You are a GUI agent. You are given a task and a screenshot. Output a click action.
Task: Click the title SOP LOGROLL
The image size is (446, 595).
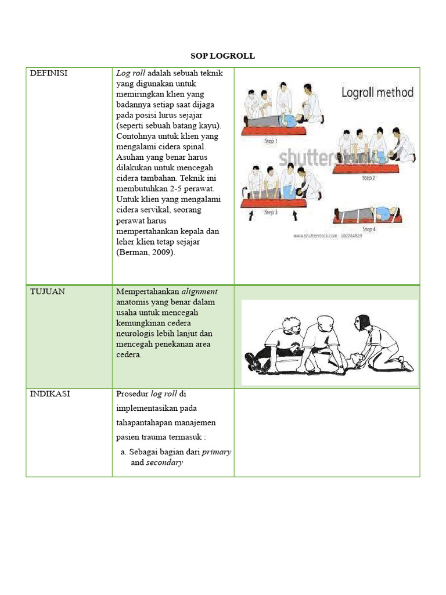pos(223,56)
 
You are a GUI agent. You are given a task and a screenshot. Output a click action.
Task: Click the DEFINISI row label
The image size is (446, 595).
pos(49,73)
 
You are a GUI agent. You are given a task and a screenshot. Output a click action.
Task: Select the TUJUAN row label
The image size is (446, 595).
pos(48,292)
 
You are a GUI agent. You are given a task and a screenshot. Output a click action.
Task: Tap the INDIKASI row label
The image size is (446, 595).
pos(50,393)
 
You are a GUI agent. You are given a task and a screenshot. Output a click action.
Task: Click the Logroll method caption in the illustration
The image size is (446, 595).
pos(377,92)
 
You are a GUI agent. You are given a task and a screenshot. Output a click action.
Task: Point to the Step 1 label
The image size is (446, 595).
pos(271,141)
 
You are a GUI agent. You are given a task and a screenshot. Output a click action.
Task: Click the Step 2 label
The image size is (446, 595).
pos(368,178)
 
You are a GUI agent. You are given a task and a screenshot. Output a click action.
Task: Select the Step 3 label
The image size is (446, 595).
pos(271,213)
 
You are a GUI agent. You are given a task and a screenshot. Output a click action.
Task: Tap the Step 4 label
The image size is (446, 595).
pos(369,229)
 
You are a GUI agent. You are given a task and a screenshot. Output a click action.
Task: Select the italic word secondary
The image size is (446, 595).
pos(164,463)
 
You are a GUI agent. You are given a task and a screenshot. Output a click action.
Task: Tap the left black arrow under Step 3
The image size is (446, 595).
pos(251,216)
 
